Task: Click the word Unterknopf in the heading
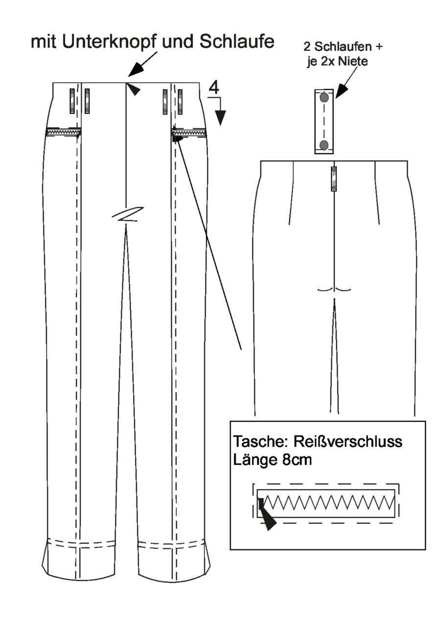(x=109, y=42)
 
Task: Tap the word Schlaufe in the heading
(x=237, y=42)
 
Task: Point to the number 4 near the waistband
(x=214, y=87)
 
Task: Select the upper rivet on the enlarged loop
(x=324, y=98)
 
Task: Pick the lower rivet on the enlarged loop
(x=324, y=145)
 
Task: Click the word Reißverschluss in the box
(x=348, y=441)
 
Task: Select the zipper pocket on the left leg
(x=63, y=132)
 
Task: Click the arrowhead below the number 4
(x=220, y=117)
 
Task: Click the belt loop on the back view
(x=334, y=179)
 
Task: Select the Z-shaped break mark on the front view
(x=128, y=214)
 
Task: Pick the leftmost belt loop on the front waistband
(x=72, y=101)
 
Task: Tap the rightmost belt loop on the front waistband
(x=180, y=102)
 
